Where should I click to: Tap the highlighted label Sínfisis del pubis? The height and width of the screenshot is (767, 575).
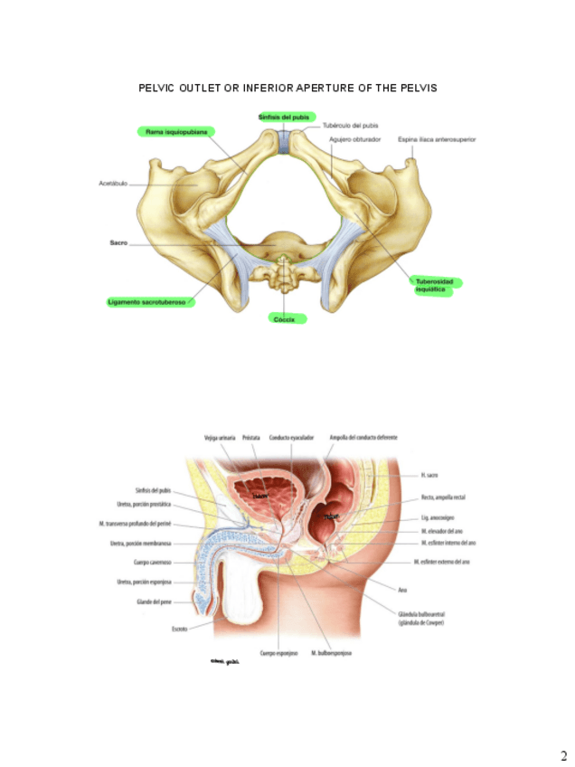[286, 118]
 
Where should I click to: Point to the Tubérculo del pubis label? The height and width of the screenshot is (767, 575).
[350, 125]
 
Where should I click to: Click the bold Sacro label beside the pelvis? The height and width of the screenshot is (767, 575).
[118, 243]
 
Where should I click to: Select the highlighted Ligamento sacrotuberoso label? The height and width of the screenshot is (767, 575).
[146, 302]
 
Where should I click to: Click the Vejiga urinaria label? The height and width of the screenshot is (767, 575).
[221, 437]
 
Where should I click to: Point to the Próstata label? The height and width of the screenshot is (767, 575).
[251, 437]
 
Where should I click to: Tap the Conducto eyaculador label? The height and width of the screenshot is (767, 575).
[290, 437]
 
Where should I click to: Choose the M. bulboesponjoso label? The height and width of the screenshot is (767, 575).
[331, 652]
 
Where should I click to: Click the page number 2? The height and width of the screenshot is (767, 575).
[563, 755]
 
